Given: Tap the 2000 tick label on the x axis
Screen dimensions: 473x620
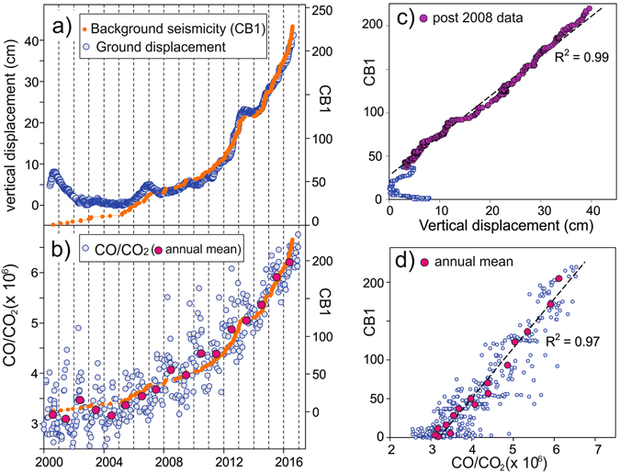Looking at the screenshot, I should [x=48, y=460].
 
